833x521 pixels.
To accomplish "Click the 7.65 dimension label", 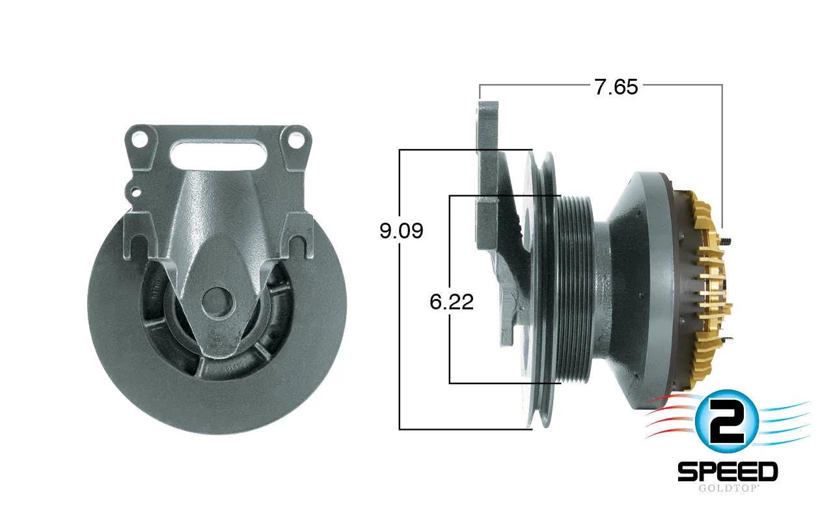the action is coord(616,87).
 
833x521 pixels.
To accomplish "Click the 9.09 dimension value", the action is coord(402,231).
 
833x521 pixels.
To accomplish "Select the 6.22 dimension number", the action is coord(452,302).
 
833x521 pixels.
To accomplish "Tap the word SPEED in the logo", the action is coord(728,472).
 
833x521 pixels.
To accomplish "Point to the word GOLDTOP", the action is coord(728,488).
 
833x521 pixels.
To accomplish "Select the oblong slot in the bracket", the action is coord(218,156).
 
